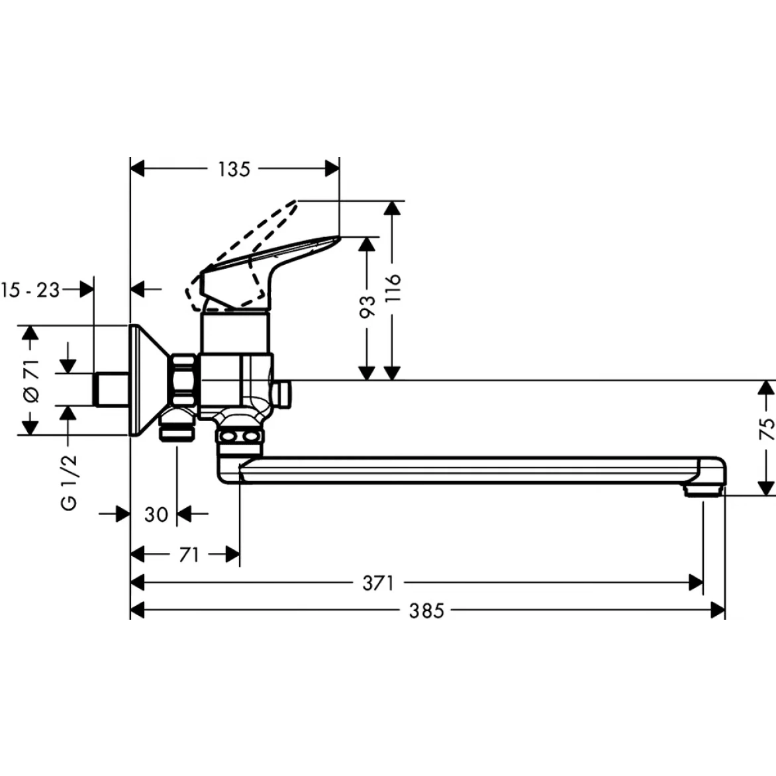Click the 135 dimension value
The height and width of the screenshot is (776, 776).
[x=234, y=170]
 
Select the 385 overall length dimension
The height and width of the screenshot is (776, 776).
[x=426, y=610]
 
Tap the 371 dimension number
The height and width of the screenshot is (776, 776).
[x=378, y=583]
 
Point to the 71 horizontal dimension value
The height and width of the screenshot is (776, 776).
[x=189, y=555]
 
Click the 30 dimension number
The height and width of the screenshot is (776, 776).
[x=156, y=514]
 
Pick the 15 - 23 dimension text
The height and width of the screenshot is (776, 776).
[x=31, y=289]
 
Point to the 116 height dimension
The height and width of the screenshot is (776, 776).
[x=393, y=288]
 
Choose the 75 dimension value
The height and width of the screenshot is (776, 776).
[x=766, y=429]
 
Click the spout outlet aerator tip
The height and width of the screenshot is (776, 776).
[x=703, y=491]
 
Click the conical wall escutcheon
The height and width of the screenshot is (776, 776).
[x=149, y=380]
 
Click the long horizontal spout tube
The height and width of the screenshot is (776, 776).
[x=463, y=469]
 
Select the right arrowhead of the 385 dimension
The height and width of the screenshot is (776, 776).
[x=718, y=610]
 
